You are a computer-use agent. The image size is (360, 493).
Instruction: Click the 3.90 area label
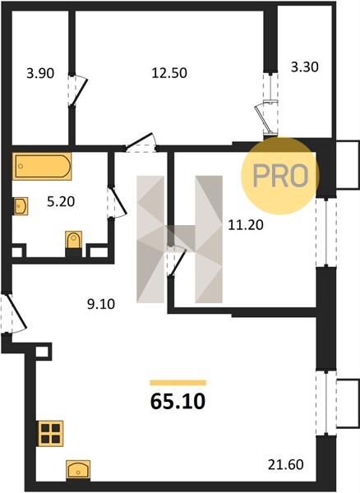[x=40, y=74]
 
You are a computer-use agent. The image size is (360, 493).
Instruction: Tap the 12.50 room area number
[x=169, y=73]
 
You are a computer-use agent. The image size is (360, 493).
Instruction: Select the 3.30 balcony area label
[x=304, y=67]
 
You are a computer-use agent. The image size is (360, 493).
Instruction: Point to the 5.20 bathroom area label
[x=61, y=201]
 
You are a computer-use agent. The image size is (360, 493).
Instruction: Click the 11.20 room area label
[x=246, y=225]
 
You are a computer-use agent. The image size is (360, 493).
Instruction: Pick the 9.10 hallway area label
[x=101, y=304]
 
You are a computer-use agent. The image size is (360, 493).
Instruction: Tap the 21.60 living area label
[x=285, y=464]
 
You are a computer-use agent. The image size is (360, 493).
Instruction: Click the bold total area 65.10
[x=178, y=402]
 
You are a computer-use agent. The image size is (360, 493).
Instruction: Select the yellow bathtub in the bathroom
[x=42, y=166]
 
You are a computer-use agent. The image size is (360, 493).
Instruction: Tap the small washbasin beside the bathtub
[x=21, y=206]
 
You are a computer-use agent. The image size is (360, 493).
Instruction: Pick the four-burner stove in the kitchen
[x=50, y=434]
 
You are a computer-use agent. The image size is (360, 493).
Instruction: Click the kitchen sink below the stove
[x=78, y=470]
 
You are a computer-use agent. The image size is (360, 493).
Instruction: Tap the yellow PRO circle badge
[x=280, y=176]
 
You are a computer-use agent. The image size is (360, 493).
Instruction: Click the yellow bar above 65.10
[x=178, y=383]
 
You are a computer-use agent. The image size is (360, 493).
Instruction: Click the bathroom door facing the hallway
[x=118, y=202]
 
